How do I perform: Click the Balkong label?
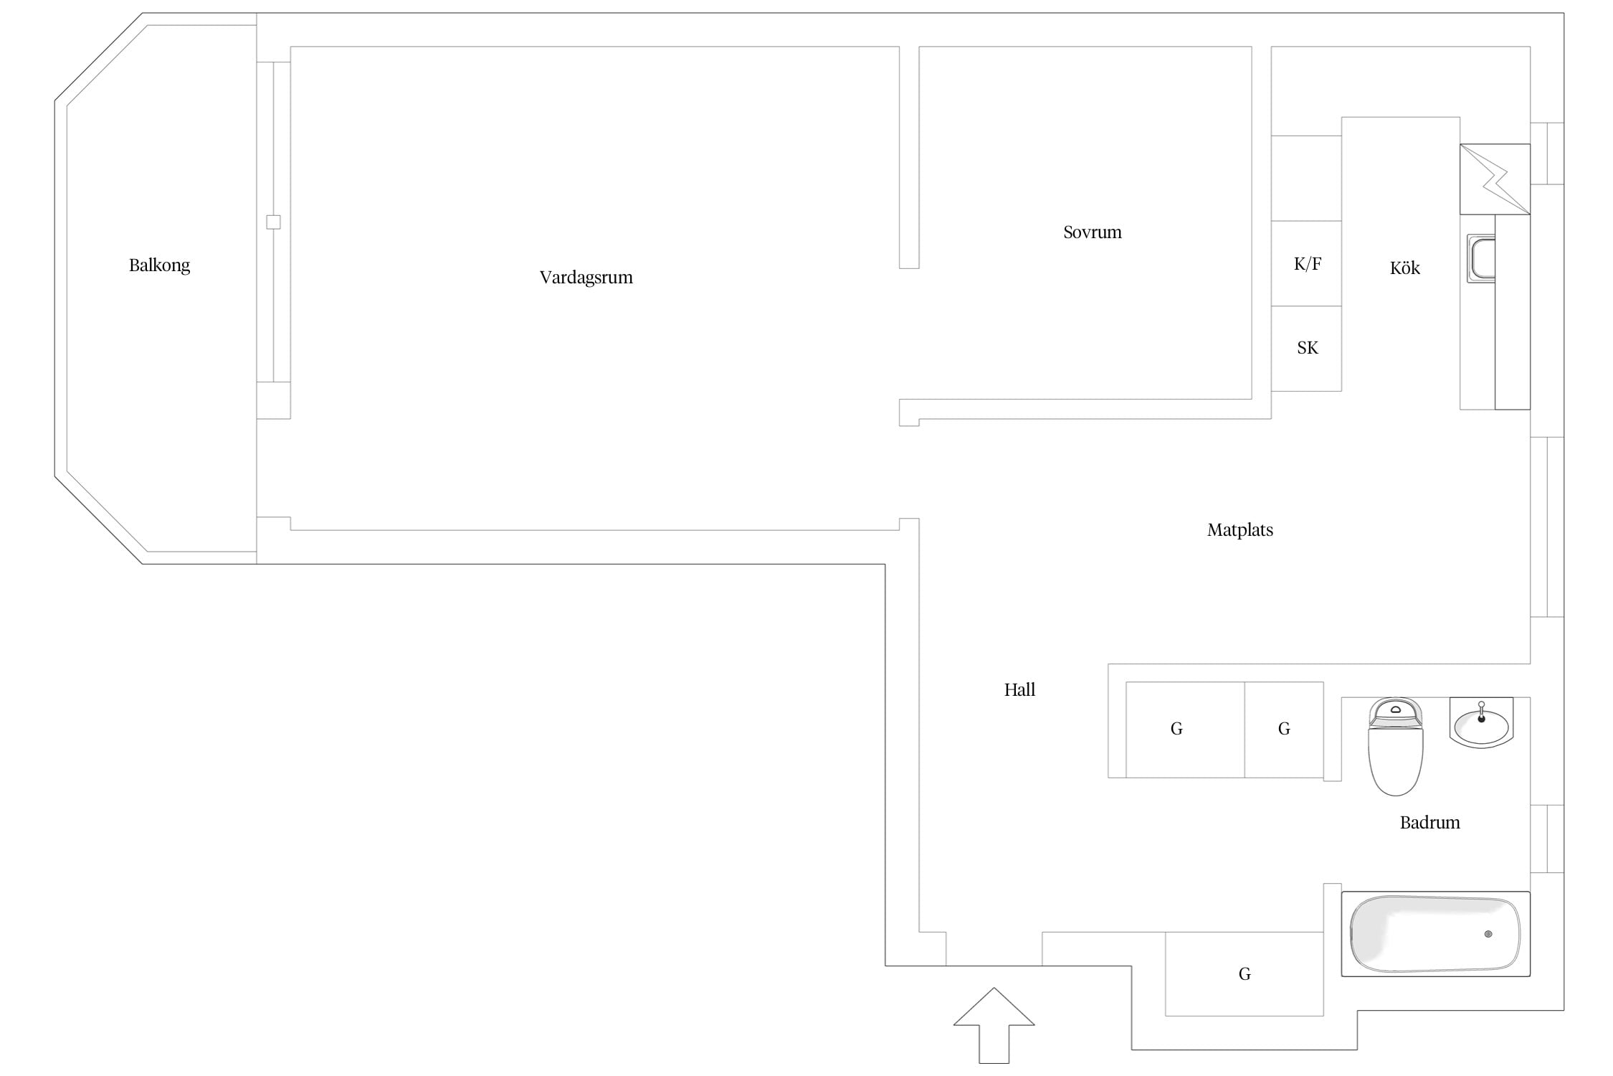[x=159, y=265]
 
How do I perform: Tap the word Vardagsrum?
[x=586, y=278]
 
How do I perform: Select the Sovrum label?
[x=1092, y=232]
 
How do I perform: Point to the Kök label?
[x=1404, y=268]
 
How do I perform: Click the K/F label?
[x=1307, y=264]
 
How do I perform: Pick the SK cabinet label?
[x=1307, y=348]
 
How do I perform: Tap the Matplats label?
[x=1240, y=530]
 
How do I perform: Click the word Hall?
[x=1019, y=689]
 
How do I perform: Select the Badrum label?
[x=1429, y=822]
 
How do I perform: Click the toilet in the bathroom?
[x=1395, y=747]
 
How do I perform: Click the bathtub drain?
[x=1488, y=934]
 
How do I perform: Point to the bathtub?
[x=1435, y=934]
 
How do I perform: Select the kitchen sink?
[x=1481, y=258]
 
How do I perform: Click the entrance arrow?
[x=994, y=1026]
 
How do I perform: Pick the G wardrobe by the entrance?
[x=1244, y=973]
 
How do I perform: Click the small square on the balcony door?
[x=273, y=222]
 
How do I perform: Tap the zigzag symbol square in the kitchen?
[x=1495, y=179]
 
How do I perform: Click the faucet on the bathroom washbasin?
[x=1481, y=712]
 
